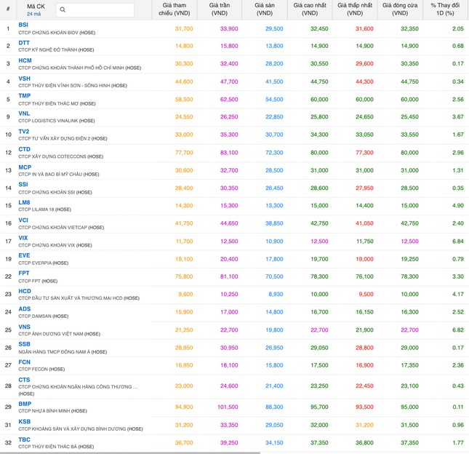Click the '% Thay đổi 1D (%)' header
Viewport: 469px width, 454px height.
[x=447, y=9]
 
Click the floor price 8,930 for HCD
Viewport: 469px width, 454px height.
[x=274, y=294]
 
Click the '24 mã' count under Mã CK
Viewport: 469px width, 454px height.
[x=34, y=14]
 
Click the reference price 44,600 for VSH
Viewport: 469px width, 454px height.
[x=184, y=81]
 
